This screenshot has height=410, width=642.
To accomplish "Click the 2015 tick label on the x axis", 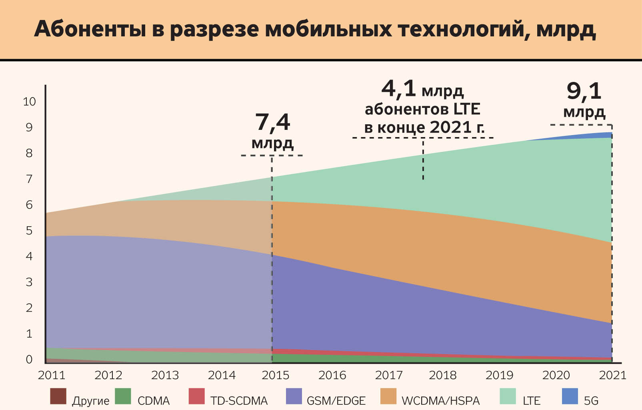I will coord(275,375).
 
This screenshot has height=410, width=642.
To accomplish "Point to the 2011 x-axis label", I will coord(51,375).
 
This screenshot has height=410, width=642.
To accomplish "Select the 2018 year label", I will coord(443,375).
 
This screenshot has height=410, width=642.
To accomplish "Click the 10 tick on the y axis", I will coord(29,102).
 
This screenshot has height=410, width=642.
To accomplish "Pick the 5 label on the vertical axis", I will coord(29,231).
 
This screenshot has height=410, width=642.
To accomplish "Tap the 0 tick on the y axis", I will coord(29,359).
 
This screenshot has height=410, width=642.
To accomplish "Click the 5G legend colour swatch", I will coord(570,396).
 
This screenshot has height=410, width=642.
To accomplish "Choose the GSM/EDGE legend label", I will coord(336,400).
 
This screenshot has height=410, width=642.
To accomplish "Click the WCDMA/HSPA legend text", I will coord(440,400).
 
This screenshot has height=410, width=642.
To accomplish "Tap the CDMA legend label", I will coord(154,400).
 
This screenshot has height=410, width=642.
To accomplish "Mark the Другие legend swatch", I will coord(58,396).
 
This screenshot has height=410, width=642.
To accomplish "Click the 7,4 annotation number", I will coord(273,123).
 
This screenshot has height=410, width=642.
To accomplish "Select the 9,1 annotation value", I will coord(584,92).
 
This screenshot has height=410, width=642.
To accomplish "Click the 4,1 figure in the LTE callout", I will coord(399,89).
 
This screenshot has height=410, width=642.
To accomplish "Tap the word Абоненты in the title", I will coord(90,29).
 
